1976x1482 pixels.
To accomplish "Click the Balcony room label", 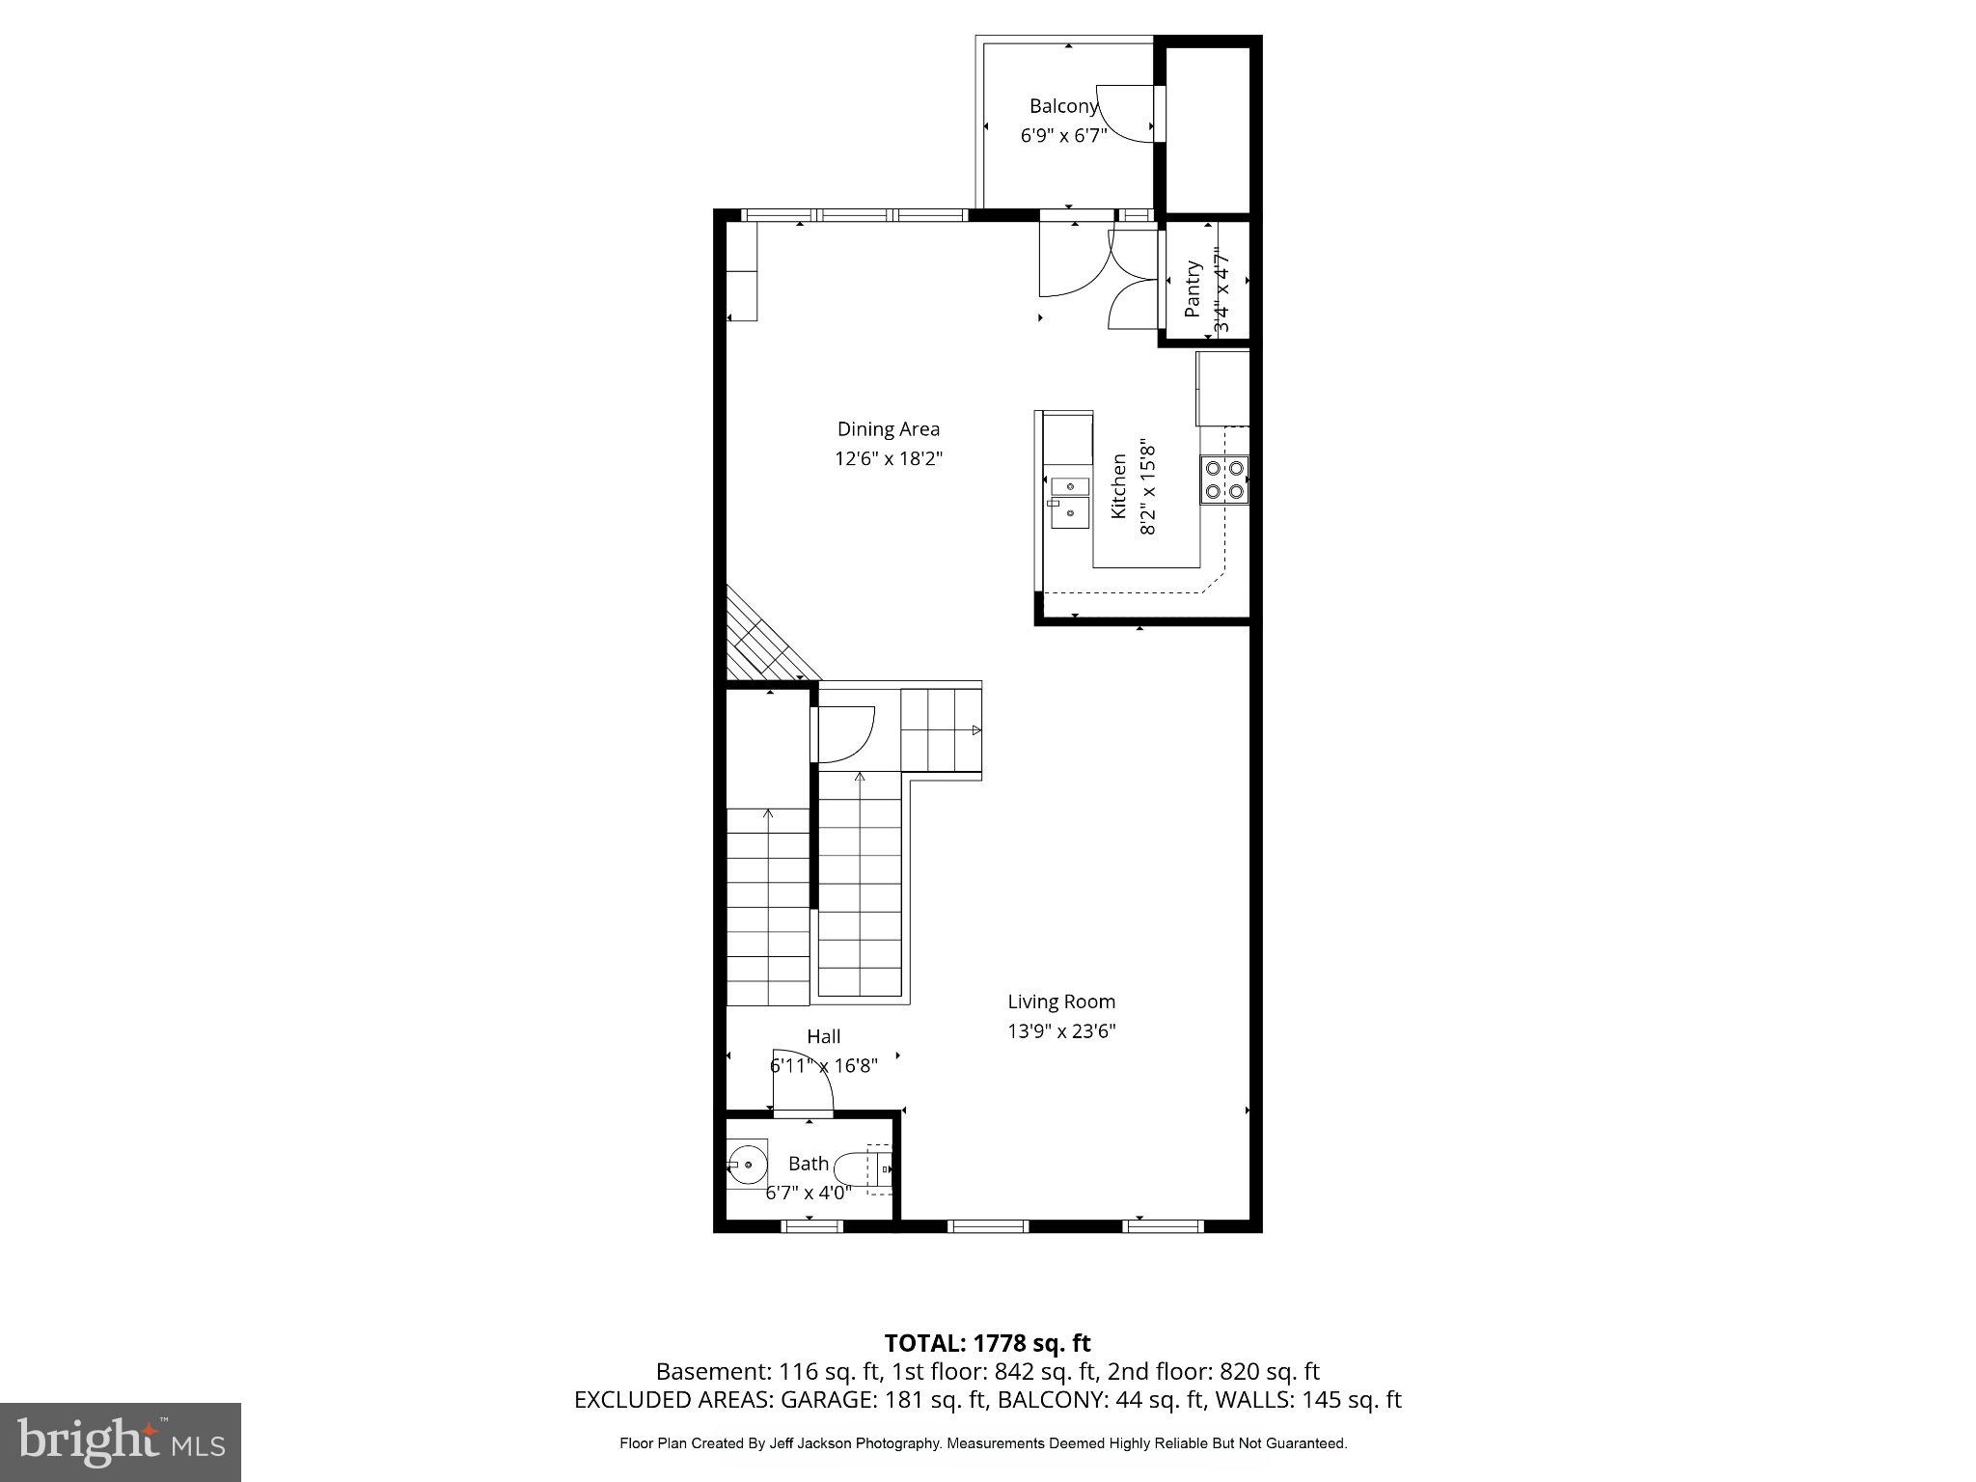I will (1063, 107).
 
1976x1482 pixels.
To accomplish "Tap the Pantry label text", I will (1194, 288).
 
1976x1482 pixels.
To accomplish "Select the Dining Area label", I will (888, 429).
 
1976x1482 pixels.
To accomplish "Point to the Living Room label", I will (1061, 1002).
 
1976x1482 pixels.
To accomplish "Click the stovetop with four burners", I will (1224, 480).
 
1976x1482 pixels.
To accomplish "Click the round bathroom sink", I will (748, 1166).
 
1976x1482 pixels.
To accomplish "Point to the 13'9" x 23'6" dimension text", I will (1061, 1031).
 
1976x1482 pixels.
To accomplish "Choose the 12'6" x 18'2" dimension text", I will (888, 458).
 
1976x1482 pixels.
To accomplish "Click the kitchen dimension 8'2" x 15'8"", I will (1147, 487).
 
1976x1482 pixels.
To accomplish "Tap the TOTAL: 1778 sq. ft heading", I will (987, 1343).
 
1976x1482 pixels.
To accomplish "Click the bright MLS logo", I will (121, 1441).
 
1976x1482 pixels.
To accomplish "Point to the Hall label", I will (823, 1036).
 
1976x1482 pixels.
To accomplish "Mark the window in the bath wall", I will (811, 1226).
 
